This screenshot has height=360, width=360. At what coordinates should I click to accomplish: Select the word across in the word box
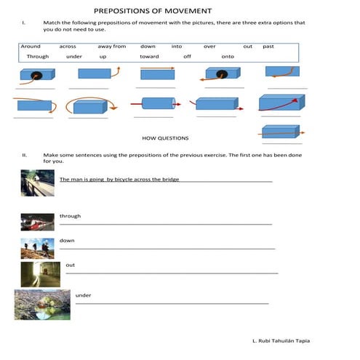tap(68, 46)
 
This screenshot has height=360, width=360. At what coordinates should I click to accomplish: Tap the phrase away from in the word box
tap(111, 46)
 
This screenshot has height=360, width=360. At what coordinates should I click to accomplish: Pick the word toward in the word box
tap(149, 56)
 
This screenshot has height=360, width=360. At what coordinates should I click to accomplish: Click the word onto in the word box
tap(228, 56)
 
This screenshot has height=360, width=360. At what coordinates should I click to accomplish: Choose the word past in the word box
tap(268, 46)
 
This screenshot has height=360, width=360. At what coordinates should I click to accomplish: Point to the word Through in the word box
tap(37, 56)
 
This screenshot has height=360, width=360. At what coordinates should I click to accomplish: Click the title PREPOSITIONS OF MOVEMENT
tap(153, 11)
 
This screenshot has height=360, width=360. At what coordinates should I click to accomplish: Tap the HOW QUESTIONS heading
tap(165, 137)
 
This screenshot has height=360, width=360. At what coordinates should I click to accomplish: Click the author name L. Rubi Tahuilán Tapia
tap(281, 340)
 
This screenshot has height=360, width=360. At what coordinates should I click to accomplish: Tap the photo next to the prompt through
tap(37, 221)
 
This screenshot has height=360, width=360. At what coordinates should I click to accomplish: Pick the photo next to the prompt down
tap(37, 248)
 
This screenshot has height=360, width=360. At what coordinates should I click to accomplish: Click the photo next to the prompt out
tap(36, 274)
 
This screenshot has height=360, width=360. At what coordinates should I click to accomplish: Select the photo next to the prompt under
tap(42, 304)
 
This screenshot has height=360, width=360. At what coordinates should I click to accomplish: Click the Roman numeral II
tap(25, 155)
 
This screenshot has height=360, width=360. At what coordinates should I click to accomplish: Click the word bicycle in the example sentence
tap(125, 179)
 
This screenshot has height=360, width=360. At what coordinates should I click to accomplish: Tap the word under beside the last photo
tap(83, 295)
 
